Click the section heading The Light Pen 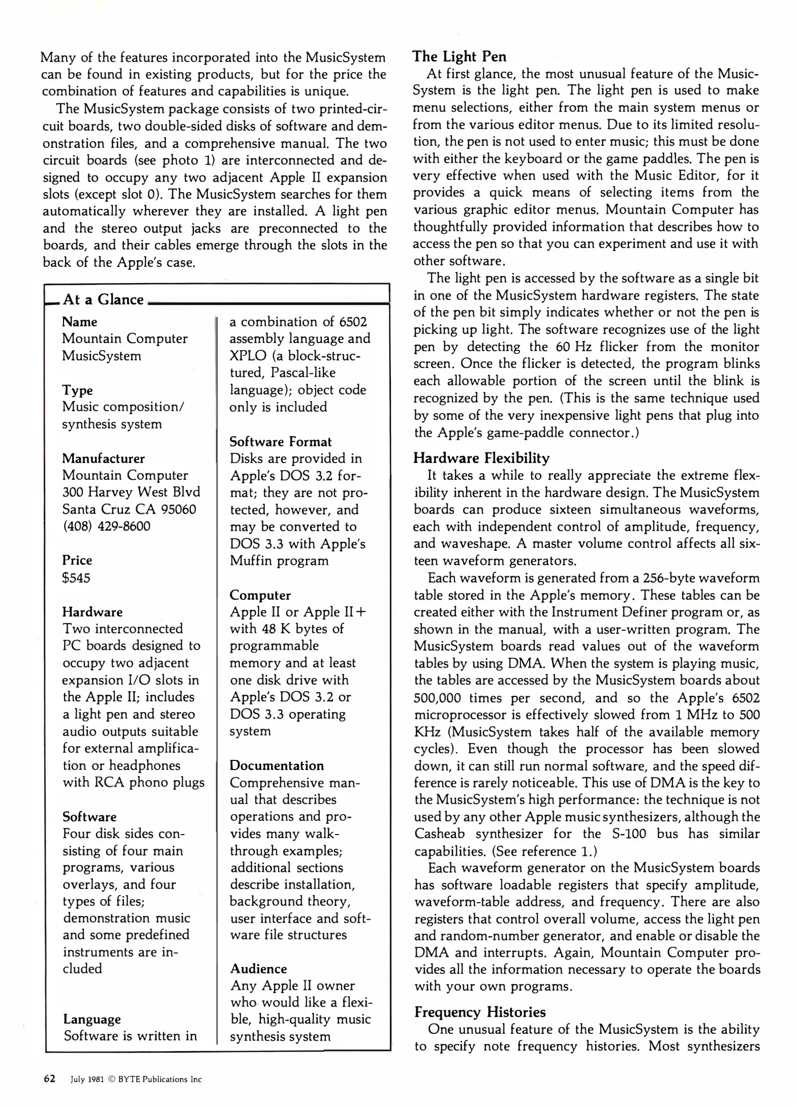(x=459, y=56)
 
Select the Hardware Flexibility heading (x=481, y=458)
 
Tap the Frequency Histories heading (x=479, y=1012)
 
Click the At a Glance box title (x=103, y=300)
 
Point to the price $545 (x=76, y=578)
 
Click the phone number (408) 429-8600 (x=106, y=526)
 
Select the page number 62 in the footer (x=50, y=1078)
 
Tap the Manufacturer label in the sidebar (x=103, y=458)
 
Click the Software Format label (x=280, y=441)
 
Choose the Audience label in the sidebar (x=258, y=969)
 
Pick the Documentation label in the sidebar (x=277, y=765)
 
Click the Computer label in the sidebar (x=260, y=595)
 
